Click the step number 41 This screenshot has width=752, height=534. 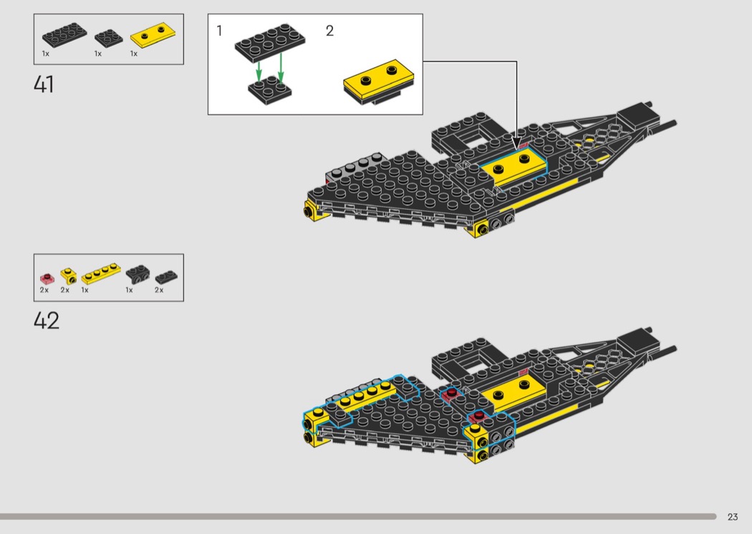(x=44, y=84)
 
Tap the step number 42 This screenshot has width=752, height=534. (x=46, y=320)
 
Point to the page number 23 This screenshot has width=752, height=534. (x=732, y=517)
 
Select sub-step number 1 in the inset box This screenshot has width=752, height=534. (x=220, y=31)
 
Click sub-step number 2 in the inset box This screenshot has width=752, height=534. (x=329, y=31)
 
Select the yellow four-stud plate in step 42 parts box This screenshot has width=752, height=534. (x=100, y=275)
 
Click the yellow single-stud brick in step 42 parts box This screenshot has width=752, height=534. (x=67, y=275)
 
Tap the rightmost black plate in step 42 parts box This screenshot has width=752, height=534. (x=166, y=276)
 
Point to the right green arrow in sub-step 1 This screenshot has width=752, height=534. (x=281, y=70)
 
